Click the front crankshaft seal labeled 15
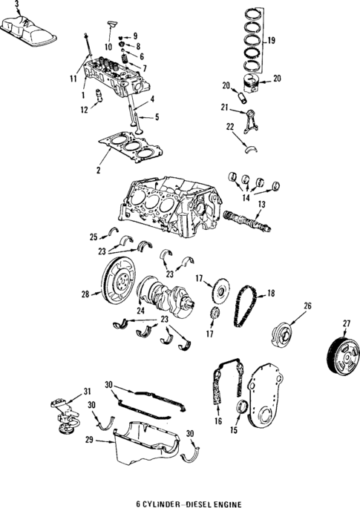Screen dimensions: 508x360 pyautogui.click(x=243, y=409)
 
